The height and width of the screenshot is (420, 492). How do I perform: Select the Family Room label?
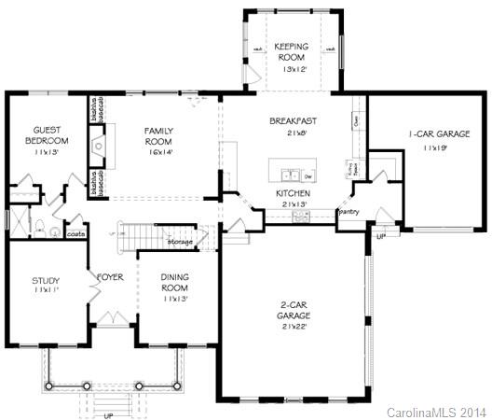coord(159,135)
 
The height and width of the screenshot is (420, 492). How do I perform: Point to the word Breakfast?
coord(294,121)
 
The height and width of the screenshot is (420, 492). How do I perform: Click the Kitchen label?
coord(293,193)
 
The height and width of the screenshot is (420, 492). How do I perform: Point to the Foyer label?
coord(110,276)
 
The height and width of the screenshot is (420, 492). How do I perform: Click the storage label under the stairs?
coord(180,242)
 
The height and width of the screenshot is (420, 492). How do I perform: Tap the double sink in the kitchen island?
coord(289,175)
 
